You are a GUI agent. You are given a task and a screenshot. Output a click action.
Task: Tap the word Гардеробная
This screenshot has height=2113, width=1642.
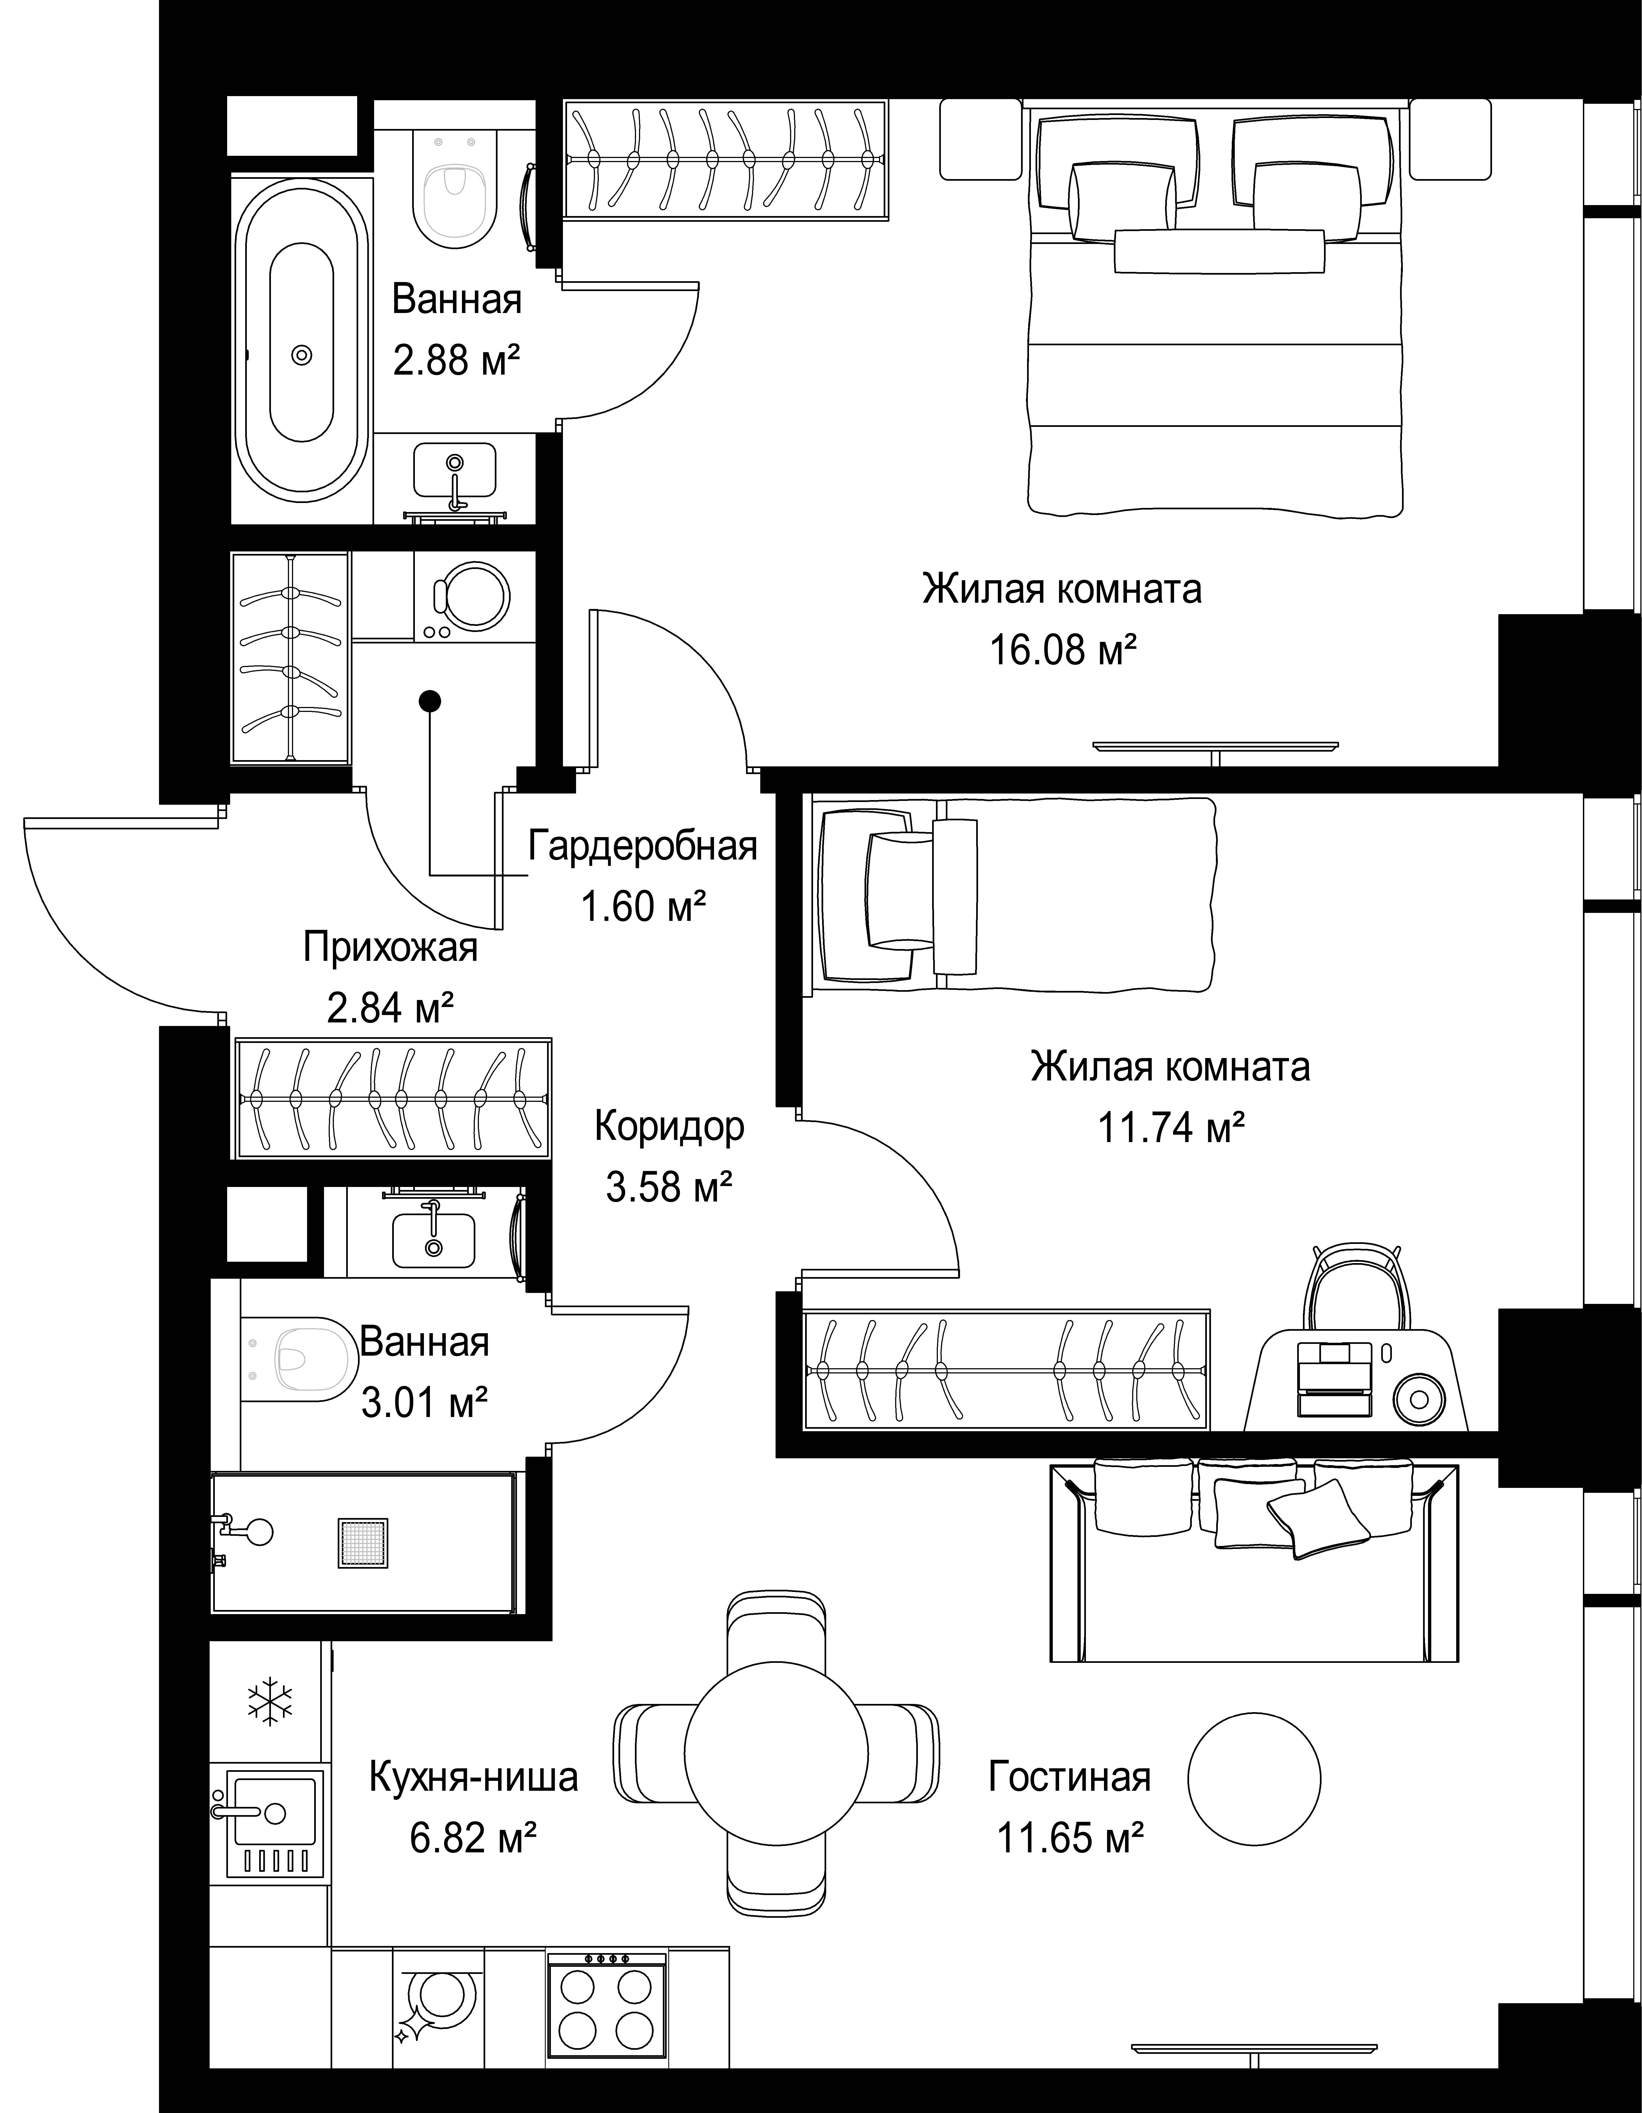pyautogui.click(x=642, y=847)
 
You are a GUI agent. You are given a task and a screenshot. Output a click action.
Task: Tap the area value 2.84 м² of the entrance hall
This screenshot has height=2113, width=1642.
pyautogui.click(x=391, y=1008)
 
